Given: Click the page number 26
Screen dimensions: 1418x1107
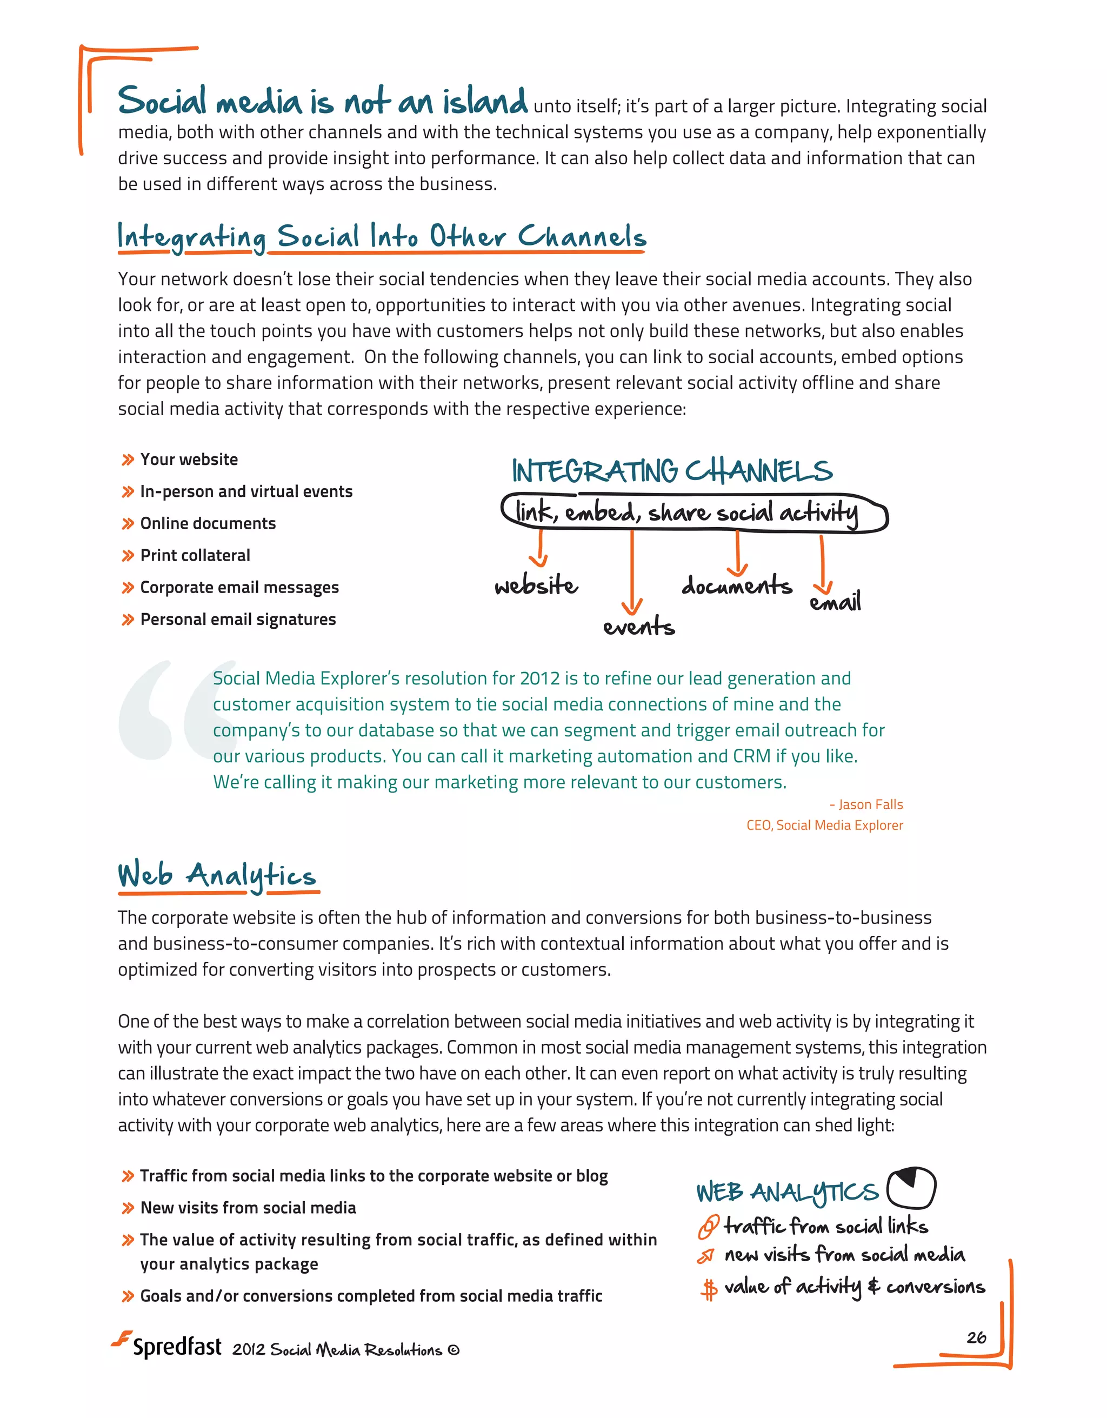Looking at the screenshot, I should pos(975,1337).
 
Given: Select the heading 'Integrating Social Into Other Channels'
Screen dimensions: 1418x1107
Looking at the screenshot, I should pos(381,236).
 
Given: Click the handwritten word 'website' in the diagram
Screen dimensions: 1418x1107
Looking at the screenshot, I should pos(536,585).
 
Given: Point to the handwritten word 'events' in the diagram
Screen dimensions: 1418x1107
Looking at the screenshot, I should pos(639,627).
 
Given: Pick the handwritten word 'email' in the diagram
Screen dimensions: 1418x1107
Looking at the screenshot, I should pos(835,602).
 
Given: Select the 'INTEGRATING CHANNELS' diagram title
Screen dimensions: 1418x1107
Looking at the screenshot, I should pos(671,471).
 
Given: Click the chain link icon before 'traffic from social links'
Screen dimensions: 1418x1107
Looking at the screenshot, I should pos(708,1227).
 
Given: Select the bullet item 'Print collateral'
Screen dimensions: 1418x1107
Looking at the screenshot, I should pos(195,555).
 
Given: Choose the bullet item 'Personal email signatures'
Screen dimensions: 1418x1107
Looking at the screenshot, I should pos(238,620).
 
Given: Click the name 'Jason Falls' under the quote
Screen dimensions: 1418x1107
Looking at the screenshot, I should pos(870,804).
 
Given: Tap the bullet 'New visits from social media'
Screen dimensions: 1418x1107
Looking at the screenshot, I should pos(248,1208).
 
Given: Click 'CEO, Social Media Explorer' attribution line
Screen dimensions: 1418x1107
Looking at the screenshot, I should pos(824,825).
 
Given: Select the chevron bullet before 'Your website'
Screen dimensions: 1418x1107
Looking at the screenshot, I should pos(128,461).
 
